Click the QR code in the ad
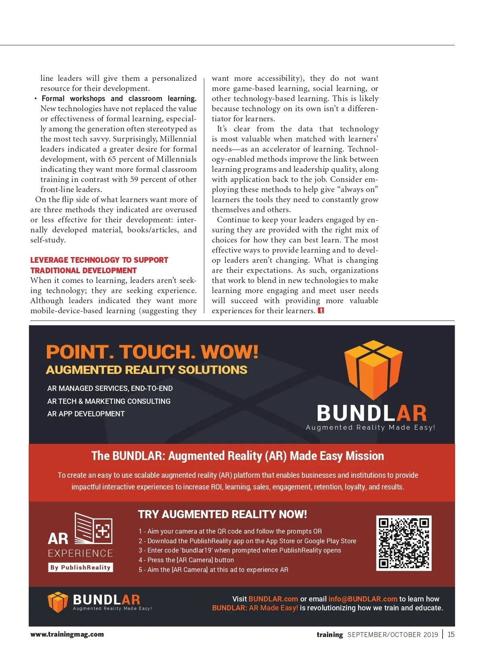point(403,543)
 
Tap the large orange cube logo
point(373,370)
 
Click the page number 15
point(451,634)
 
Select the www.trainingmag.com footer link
point(67,634)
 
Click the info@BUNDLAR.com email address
point(363,599)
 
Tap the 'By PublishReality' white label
point(80,567)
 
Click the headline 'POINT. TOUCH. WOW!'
point(152,352)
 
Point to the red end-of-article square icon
point(321,310)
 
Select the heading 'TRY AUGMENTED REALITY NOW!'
point(222,514)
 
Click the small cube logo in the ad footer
point(57,602)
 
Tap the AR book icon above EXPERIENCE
point(94,528)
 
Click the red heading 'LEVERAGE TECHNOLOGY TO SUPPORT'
point(99,260)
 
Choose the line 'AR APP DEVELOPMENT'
point(86,414)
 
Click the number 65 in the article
point(112,159)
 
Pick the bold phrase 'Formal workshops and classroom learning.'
point(119,99)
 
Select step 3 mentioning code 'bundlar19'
point(240,550)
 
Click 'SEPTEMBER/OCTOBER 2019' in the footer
point(392,635)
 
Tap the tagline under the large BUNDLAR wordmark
point(370,427)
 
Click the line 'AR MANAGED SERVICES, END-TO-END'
point(110,388)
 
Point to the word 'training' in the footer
point(329,635)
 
